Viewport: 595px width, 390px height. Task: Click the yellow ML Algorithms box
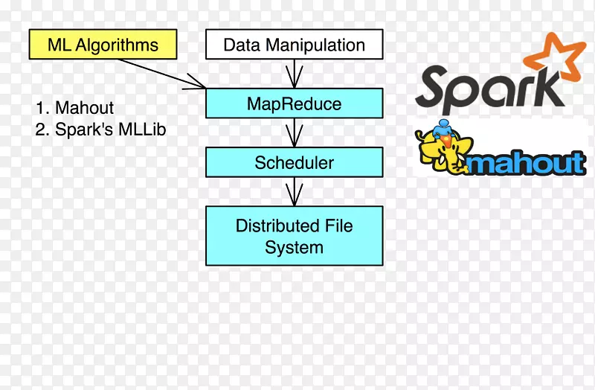103,45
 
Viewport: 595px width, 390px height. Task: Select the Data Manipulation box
294,45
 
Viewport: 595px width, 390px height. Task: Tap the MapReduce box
294,103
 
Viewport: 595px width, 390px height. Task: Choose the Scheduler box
294,162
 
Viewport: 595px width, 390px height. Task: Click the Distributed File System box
294,236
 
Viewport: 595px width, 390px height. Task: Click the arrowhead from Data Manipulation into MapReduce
295,78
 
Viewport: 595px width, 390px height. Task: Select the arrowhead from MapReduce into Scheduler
295,138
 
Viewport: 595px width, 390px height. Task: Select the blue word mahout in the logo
527,162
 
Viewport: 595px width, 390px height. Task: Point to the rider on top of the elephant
445,130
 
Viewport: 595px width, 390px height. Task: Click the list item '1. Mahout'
74,109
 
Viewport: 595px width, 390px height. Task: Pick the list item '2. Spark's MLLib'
100,130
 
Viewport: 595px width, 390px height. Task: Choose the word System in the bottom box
294,247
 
